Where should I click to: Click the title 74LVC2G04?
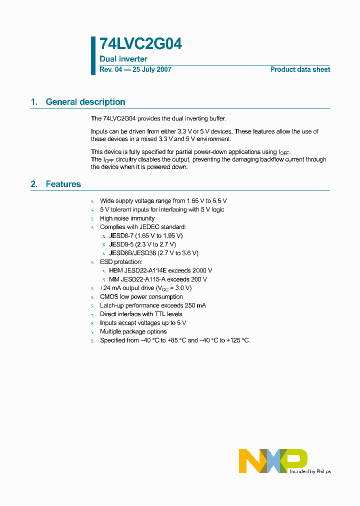[140, 44]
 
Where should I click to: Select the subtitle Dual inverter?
[123, 59]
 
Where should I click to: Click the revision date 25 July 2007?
[152, 69]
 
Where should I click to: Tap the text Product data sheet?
[300, 69]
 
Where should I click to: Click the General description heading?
[85, 102]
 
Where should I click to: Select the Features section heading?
[63, 184]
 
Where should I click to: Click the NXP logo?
[272, 460]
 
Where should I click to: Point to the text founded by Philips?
[310, 471]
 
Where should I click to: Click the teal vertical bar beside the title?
[93, 55]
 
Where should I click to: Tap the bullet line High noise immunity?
[127, 218]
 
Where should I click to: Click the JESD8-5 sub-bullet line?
[142, 244]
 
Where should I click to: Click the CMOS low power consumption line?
[141, 296]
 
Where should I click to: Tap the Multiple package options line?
[133, 331]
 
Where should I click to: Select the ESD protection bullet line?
[121, 262]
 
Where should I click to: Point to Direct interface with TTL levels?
[141, 314]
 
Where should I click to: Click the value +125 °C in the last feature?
[237, 340]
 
